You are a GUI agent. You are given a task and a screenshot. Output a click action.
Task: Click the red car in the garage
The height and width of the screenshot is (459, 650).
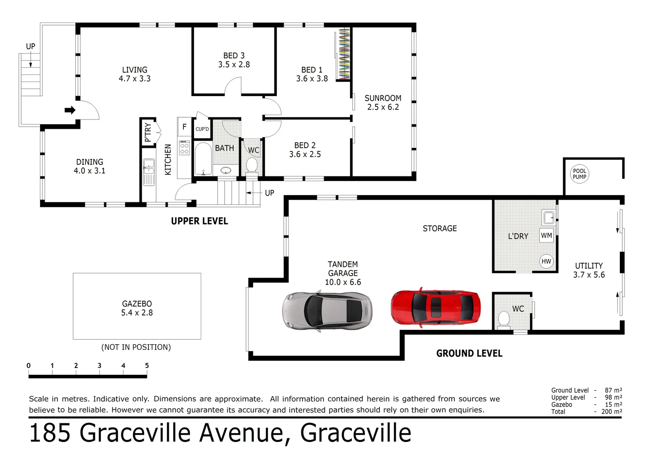click(x=436, y=307)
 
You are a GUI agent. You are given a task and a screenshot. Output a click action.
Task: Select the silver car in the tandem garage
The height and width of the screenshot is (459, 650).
click(x=327, y=310)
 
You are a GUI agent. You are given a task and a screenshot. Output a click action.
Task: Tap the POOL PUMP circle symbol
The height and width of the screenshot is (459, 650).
click(x=579, y=174)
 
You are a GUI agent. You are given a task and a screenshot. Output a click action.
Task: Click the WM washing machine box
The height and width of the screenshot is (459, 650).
click(x=547, y=235)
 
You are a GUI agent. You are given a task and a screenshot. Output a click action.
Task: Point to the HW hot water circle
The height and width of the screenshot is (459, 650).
click(x=546, y=261)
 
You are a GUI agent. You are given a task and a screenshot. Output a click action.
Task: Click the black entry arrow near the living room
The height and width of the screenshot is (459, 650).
click(x=70, y=110)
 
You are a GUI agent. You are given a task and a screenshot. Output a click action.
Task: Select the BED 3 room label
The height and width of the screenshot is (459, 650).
click(x=234, y=56)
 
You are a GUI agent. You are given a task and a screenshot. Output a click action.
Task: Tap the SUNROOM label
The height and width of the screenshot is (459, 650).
click(x=383, y=98)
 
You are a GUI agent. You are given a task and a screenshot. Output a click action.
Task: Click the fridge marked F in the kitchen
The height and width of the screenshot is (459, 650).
click(x=184, y=127)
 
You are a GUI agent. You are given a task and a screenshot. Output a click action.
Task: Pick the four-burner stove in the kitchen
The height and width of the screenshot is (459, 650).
click(x=184, y=147)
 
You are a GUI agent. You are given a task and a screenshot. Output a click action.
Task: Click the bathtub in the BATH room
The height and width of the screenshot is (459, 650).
click(x=203, y=159)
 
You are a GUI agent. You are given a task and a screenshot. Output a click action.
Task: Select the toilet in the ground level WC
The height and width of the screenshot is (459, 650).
click(x=504, y=319)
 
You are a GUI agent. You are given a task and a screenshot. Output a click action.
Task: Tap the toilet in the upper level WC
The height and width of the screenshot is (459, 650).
click(x=252, y=164)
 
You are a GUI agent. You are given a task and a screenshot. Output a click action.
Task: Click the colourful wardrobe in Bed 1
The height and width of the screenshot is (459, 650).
click(x=343, y=54)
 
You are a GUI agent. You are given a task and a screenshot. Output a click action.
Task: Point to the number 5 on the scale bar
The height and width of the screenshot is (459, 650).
click(x=147, y=365)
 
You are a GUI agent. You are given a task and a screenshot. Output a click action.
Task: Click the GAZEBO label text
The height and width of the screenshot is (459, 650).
click(x=137, y=304)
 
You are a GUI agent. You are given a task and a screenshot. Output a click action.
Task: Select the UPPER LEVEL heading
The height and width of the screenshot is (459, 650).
click(x=200, y=221)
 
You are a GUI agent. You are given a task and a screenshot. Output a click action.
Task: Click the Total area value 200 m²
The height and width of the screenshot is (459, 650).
click(x=611, y=411)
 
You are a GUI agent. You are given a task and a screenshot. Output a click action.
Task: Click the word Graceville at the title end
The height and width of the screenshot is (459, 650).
click(x=356, y=433)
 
